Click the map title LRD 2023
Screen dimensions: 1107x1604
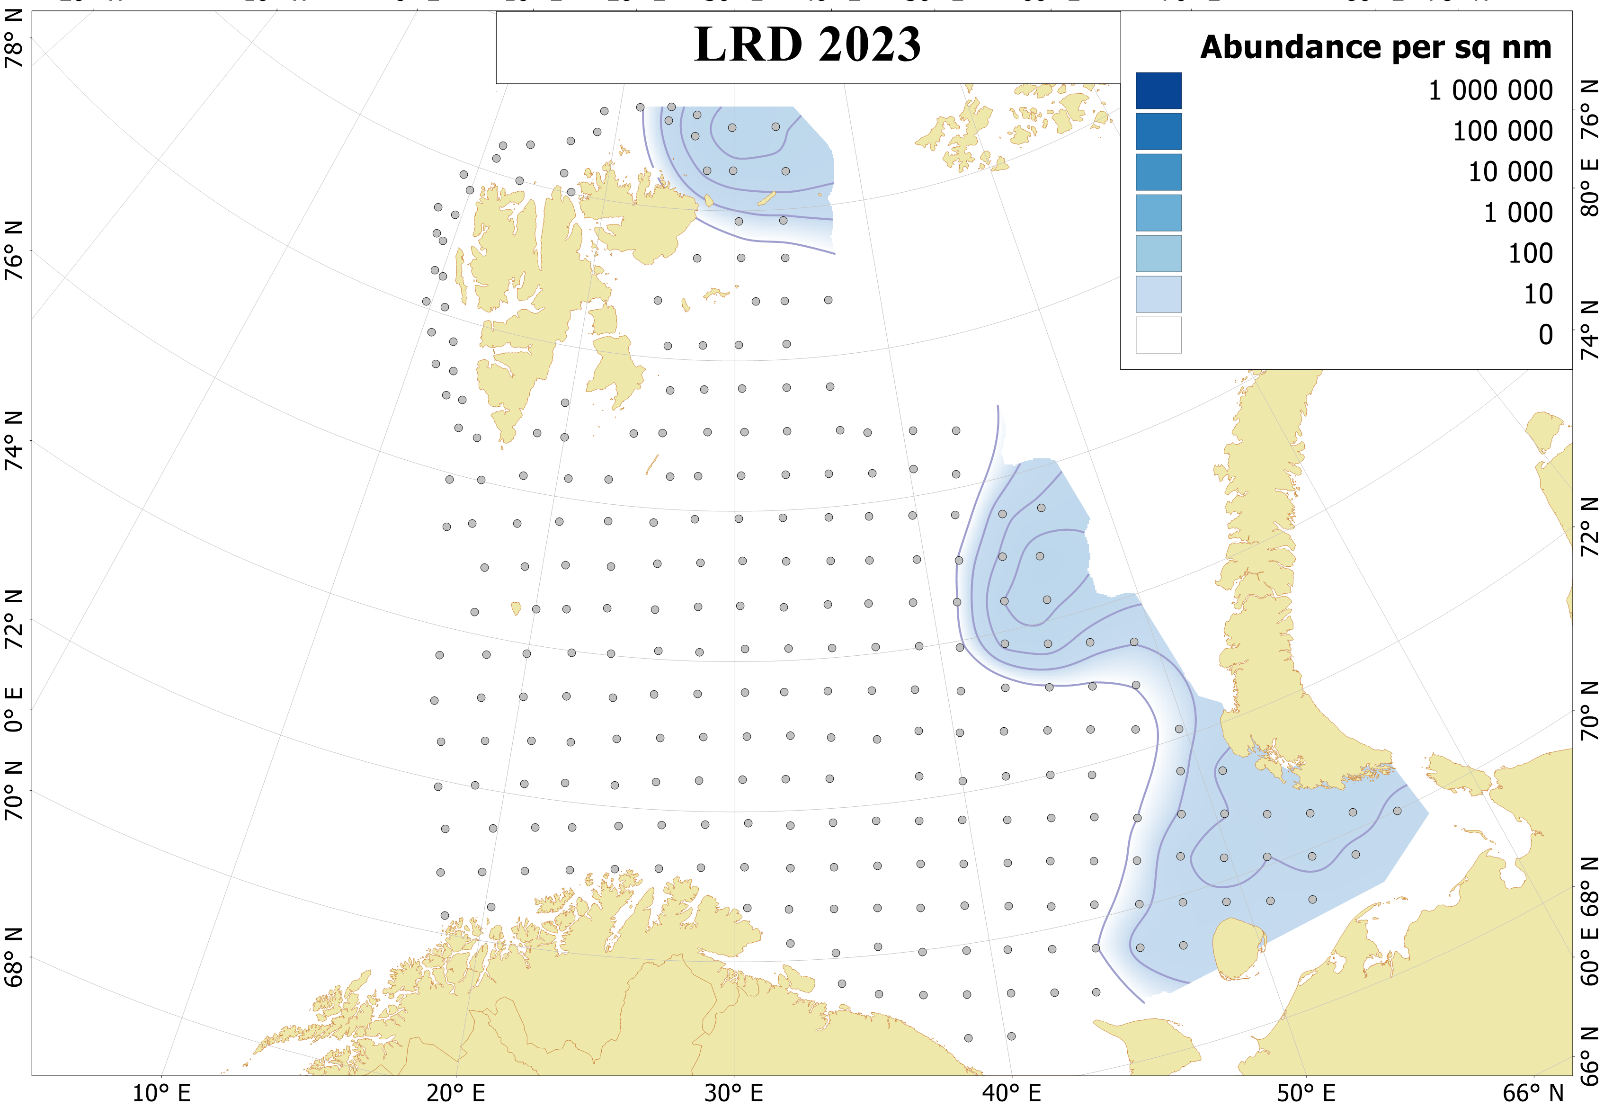click(807, 45)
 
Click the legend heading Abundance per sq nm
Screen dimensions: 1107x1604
click(1376, 48)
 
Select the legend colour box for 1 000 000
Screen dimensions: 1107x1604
click(1158, 91)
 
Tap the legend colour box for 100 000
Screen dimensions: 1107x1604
click(1158, 132)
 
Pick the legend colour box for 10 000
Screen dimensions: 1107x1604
click(1158, 172)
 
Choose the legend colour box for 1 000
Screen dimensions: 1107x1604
click(1158, 213)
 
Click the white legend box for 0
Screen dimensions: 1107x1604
click(1158, 335)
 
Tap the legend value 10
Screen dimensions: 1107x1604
click(1537, 294)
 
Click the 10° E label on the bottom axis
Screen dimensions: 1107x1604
click(161, 1093)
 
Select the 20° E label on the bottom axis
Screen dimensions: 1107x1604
click(455, 1093)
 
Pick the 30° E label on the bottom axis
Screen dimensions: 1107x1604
click(734, 1093)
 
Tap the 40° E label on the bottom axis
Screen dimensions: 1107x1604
click(1011, 1093)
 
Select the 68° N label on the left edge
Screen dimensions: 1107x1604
click(14, 957)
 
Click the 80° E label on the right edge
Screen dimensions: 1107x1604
click(1589, 187)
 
